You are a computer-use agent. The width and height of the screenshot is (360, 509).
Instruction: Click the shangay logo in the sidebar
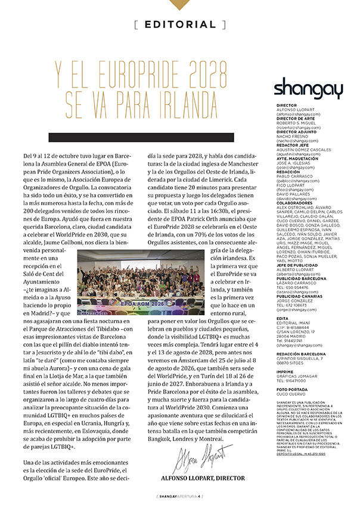308,89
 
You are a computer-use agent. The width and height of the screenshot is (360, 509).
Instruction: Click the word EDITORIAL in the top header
179,24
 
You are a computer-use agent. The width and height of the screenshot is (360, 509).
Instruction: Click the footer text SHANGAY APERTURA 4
179,496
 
